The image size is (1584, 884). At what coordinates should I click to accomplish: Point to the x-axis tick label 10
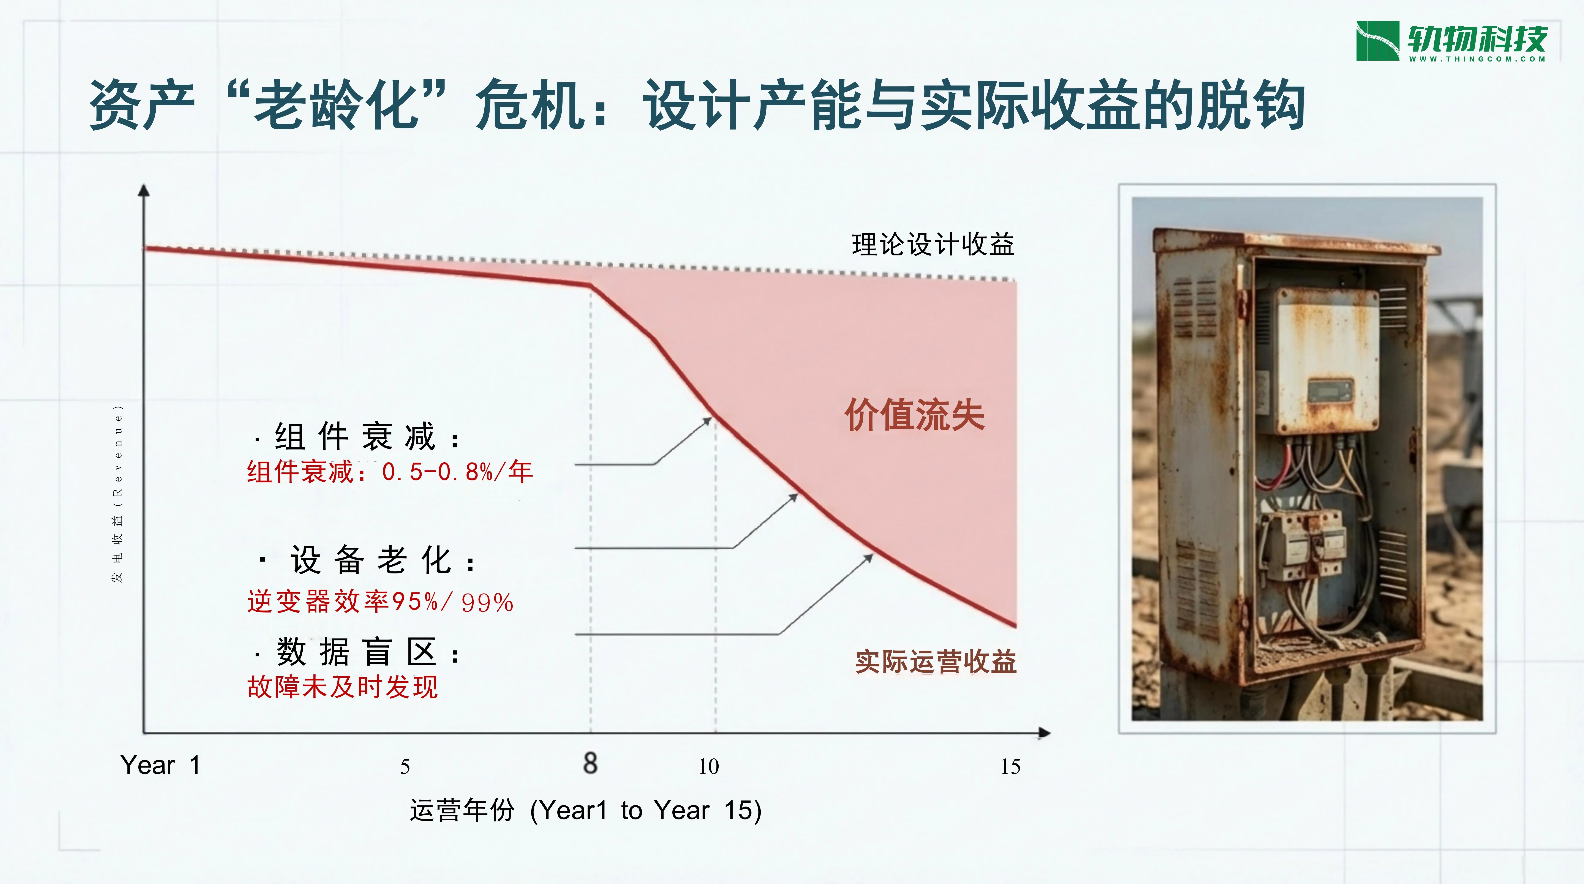point(708,767)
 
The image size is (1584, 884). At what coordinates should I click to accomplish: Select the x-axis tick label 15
point(1010,767)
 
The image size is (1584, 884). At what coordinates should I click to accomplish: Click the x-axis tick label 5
point(405,767)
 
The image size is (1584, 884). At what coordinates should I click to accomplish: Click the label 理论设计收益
point(933,244)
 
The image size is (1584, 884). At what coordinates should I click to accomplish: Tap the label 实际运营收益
point(935,662)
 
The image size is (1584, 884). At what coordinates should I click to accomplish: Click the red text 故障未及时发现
point(342,687)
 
